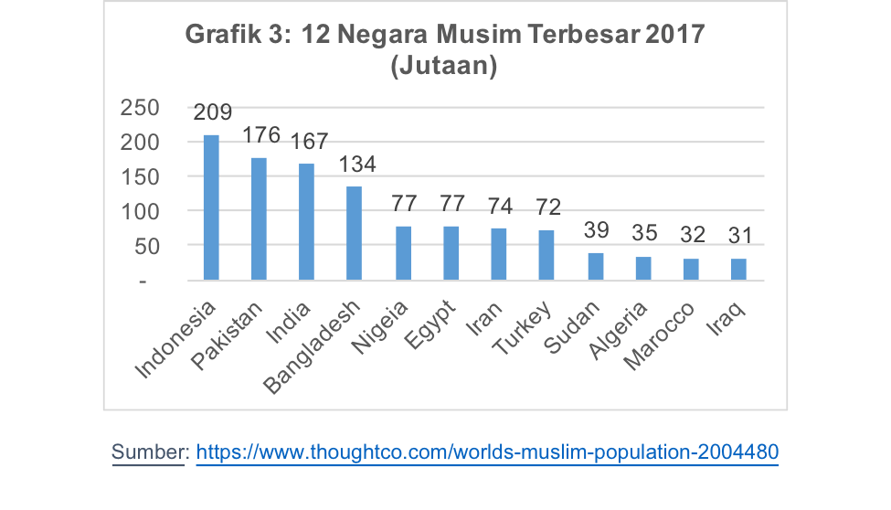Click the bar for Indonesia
[x=211, y=207]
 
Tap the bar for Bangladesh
[x=355, y=233]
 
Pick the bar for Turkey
[x=546, y=255]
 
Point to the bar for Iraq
[x=738, y=270]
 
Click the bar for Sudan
[x=595, y=266]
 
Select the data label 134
[x=356, y=165]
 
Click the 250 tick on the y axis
[x=141, y=108]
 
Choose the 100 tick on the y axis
[x=141, y=211]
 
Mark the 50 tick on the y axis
[x=147, y=246]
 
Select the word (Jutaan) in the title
[x=443, y=66]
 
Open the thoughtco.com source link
[x=487, y=452]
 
